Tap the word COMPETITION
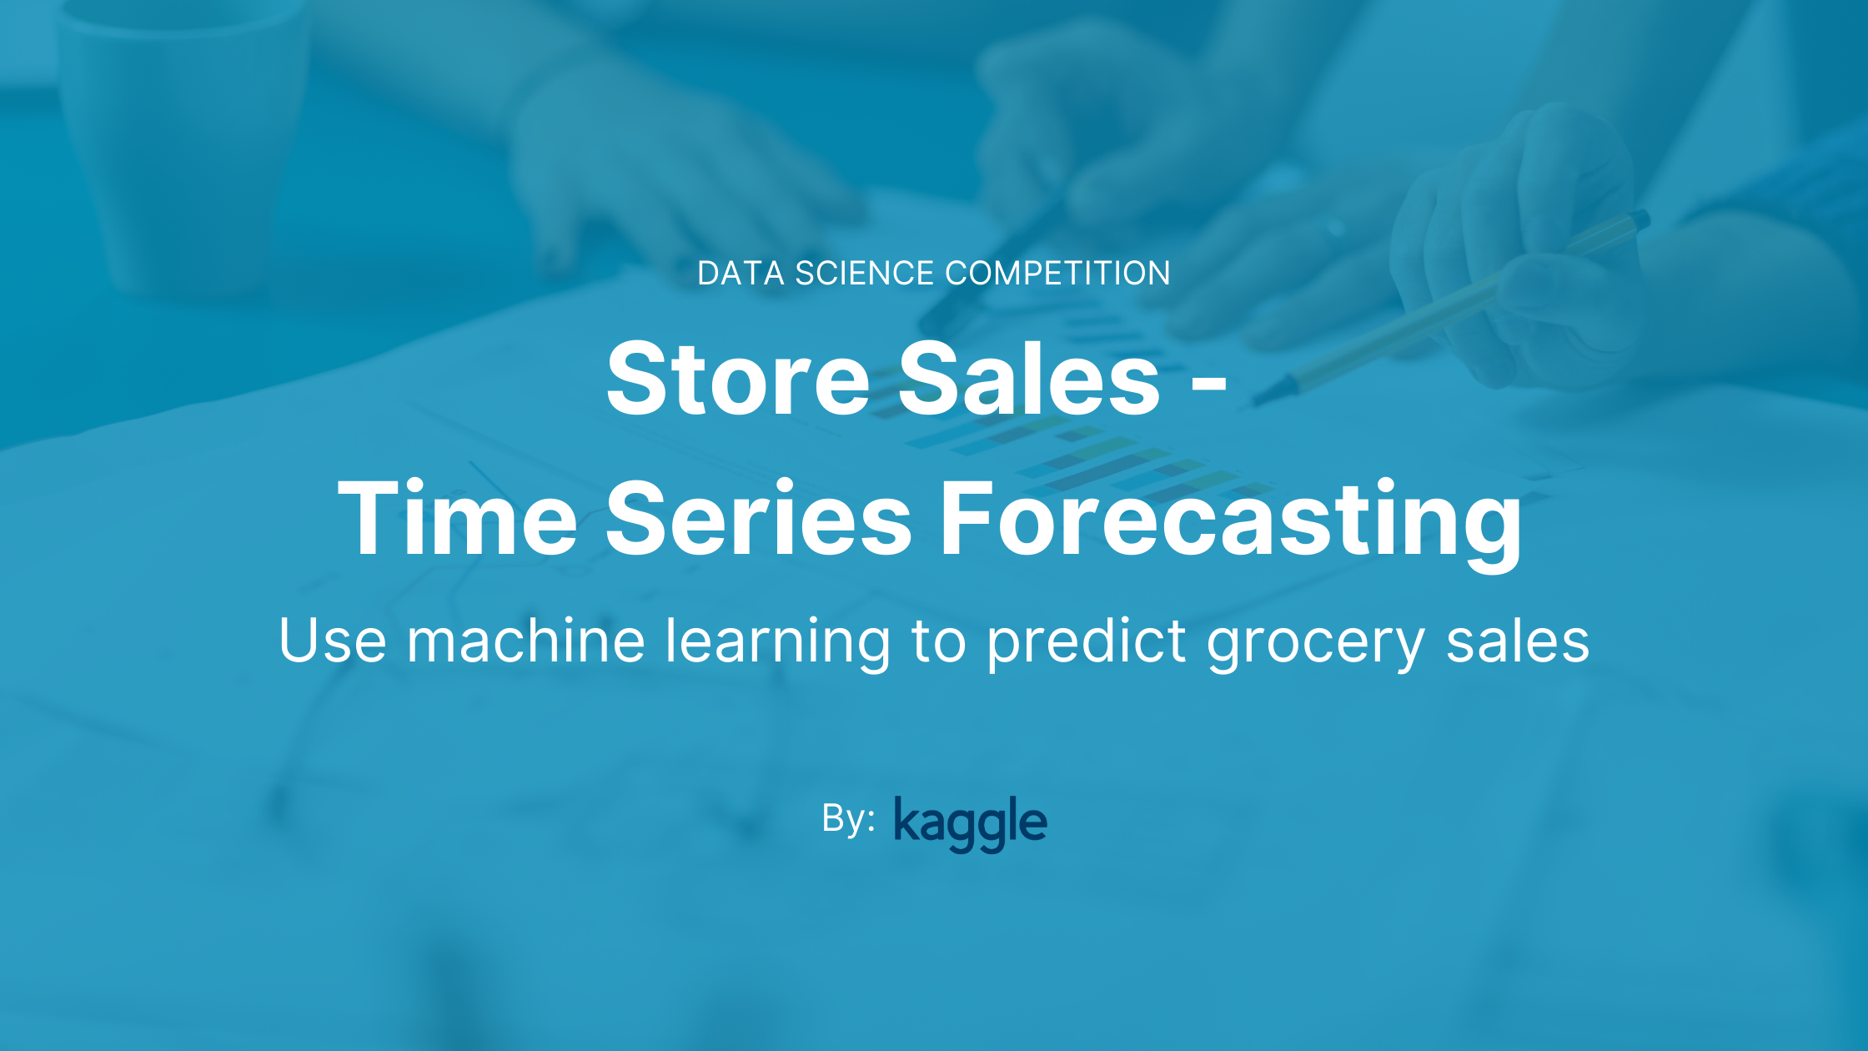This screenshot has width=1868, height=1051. click(x=1057, y=274)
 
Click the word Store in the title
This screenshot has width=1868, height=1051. click(x=738, y=380)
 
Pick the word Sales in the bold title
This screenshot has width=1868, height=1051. click(x=1029, y=380)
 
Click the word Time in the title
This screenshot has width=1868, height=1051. click(x=457, y=519)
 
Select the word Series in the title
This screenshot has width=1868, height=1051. click(x=758, y=519)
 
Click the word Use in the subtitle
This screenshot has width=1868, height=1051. click(x=332, y=641)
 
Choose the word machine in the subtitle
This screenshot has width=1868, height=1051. click(x=525, y=641)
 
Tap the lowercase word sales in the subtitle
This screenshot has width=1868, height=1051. click(x=1517, y=641)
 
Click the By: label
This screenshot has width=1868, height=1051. click(x=847, y=819)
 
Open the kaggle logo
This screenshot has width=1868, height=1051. click(x=970, y=822)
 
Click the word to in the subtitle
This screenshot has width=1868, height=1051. click(x=938, y=641)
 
